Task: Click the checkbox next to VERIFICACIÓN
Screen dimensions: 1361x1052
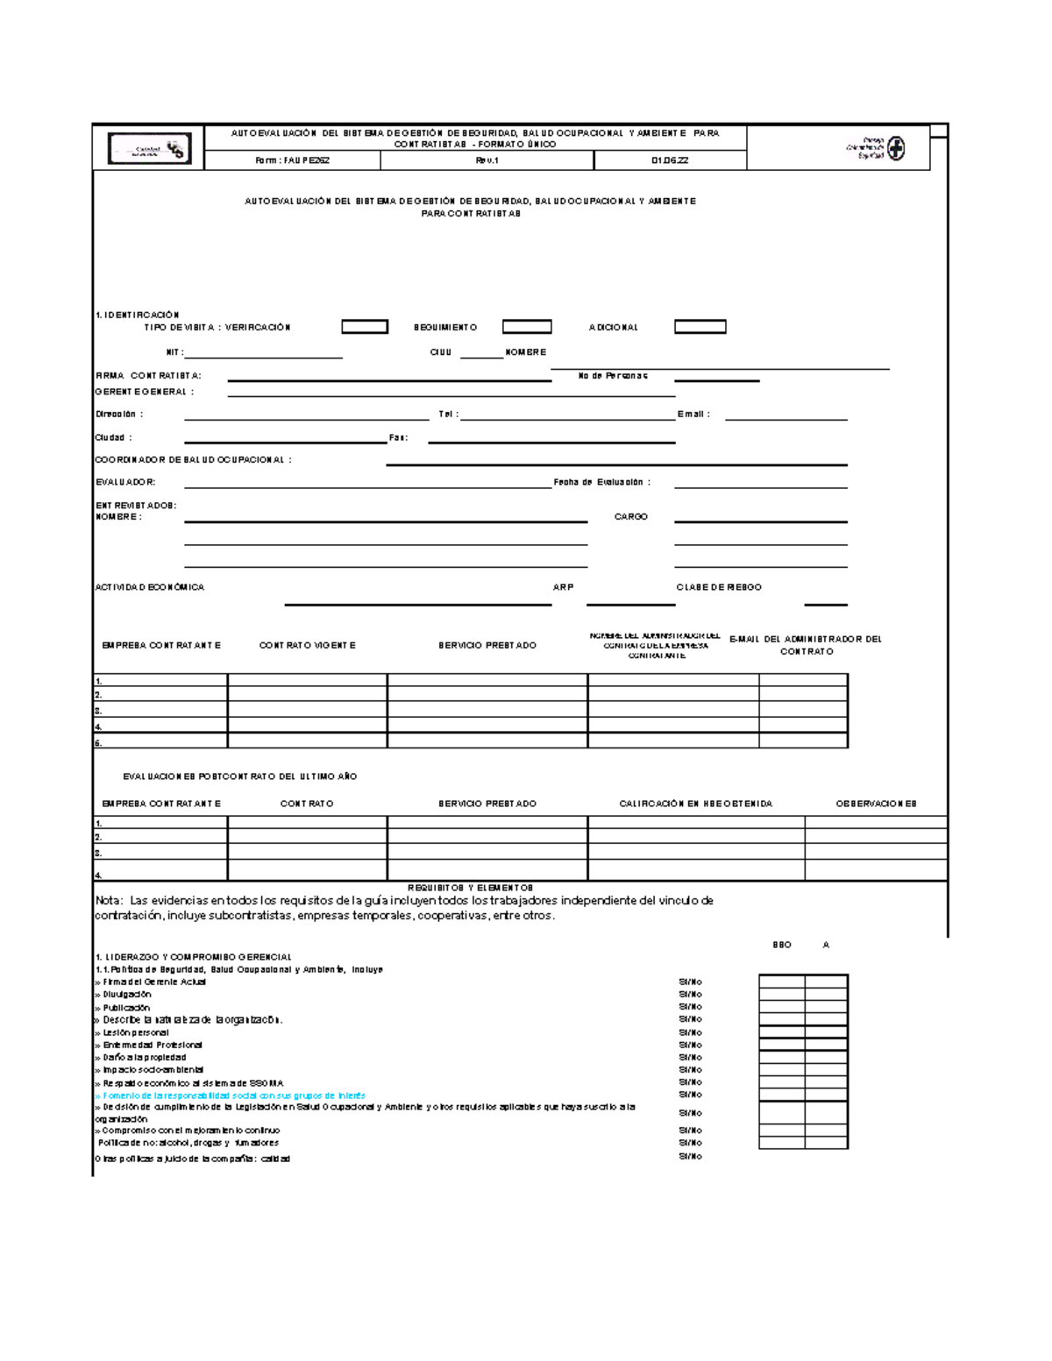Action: [365, 327]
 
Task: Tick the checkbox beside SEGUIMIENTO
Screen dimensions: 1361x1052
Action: [527, 327]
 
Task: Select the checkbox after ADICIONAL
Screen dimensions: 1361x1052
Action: [700, 327]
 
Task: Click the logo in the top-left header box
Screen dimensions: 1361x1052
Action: [149, 149]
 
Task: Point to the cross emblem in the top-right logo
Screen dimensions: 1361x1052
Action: [895, 148]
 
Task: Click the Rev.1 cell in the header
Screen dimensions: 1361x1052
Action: [487, 160]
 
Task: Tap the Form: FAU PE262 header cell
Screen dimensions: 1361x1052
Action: [292, 160]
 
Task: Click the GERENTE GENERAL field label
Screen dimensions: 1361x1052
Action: [145, 392]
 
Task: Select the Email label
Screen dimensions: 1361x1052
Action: [693, 415]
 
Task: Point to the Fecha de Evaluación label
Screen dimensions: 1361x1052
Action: [601, 482]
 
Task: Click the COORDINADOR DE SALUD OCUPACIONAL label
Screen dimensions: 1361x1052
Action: [193, 459]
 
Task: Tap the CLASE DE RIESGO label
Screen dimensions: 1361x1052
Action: [719, 587]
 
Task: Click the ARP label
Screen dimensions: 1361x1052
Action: [563, 587]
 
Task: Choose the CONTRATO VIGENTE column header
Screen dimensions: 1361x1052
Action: [307, 645]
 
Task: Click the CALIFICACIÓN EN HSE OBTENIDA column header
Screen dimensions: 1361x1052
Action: [696, 804]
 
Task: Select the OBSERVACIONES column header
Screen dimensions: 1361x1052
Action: [876, 804]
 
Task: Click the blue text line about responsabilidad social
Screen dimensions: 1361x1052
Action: [234, 1095]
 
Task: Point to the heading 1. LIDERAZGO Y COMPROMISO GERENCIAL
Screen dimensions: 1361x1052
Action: [193, 957]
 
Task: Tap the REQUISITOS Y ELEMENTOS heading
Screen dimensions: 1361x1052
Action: [470, 888]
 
